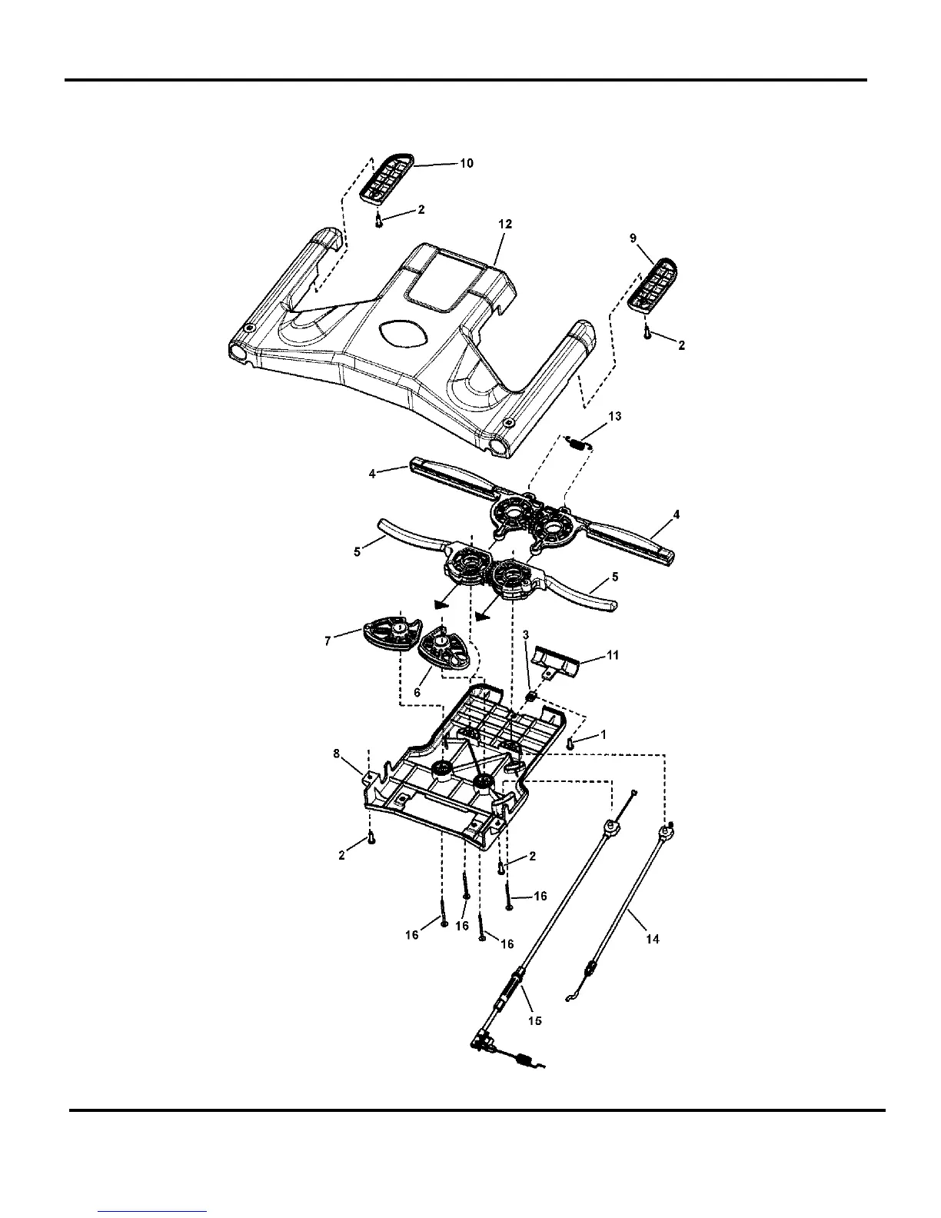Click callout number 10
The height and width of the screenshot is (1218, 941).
(467, 163)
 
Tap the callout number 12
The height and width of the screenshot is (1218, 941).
(505, 224)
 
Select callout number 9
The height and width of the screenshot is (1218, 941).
(633, 239)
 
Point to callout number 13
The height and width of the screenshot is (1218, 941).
(614, 416)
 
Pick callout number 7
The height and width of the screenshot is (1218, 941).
(328, 640)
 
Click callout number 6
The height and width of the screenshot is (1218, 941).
(417, 692)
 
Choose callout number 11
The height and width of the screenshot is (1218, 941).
(613, 655)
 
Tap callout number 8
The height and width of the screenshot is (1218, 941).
(336, 754)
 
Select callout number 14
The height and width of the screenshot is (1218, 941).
(652, 939)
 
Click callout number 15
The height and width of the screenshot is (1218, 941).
(535, 1020)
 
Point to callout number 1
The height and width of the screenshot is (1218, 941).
(604, 735)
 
